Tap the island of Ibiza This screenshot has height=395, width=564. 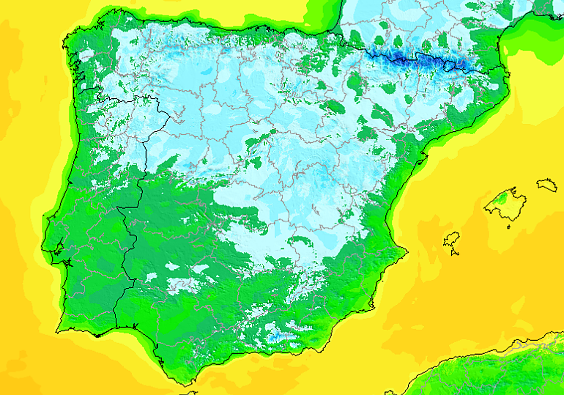pyautogui.click(x=451, y=240)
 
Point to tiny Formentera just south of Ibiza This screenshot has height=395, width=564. pyautogui.click(x=455, y=253)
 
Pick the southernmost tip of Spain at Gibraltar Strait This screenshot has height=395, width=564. pyautogui.click(x=185, y=385)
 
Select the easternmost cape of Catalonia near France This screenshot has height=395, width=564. pyautogui.click(x=509, y=74)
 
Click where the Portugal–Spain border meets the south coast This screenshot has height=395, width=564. pyautogui.click(x=116, y=328)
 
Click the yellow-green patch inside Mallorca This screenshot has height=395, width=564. pyautogui.click(x=502, y=200)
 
